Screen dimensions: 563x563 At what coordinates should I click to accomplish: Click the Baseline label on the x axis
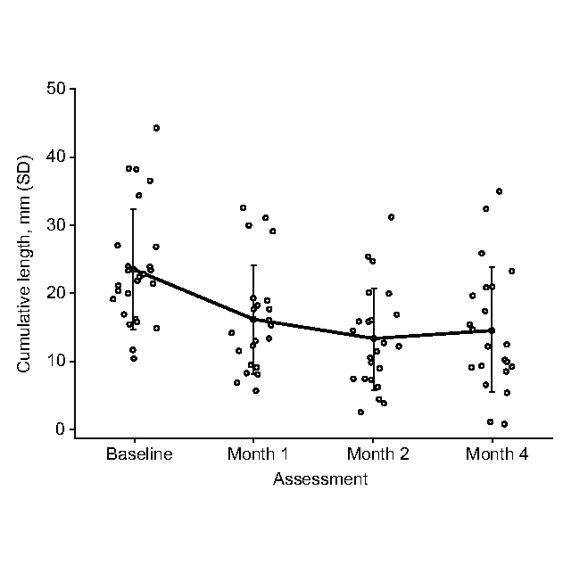point(139,454)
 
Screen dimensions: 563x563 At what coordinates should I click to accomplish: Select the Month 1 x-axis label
point(258,454)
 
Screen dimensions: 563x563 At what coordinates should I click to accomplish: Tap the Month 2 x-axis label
point(378,454)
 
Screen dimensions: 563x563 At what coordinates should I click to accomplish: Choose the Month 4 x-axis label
point(497,454)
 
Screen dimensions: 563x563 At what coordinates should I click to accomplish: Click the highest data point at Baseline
point(156,128)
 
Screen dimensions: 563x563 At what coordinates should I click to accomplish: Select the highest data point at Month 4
point(499,191)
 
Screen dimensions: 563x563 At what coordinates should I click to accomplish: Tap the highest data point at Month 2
point(391,217)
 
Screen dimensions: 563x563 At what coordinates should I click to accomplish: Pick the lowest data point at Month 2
point(361,412)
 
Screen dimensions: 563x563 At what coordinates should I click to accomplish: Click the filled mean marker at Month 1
point(253,319)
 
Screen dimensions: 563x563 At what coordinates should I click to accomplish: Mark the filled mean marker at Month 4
point(492,331)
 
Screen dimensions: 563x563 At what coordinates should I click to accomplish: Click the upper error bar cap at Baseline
point(133,209)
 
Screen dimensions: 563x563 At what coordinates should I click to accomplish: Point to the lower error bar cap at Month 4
point(492,391)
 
